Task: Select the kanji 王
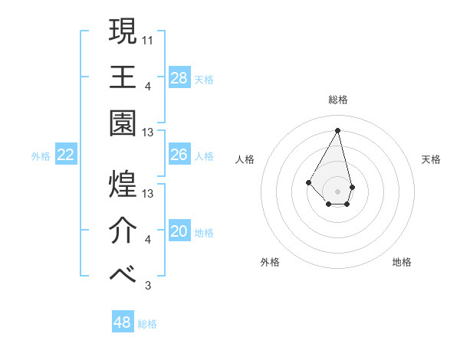click(123, 77)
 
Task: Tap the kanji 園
click(123, 125)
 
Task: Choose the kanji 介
click(123, 231)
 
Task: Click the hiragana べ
click(123, 277)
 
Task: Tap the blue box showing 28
click(179, 77)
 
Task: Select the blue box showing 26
click(179, 155)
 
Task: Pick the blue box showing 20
click(179, 231)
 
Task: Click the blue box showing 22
click(66, 155)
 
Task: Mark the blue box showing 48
click(123, 322)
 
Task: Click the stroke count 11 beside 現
click(149, 38)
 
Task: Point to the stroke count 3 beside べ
click(148, 286)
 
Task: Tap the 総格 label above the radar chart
click(337, 100)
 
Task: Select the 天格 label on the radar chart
click(431, 159)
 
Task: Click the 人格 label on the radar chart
click(245, 159)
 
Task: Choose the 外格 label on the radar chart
click(269, 262)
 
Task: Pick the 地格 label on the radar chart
click(402, 262)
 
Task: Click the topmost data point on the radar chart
click(337, 130)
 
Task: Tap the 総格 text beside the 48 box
click(147, 324)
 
